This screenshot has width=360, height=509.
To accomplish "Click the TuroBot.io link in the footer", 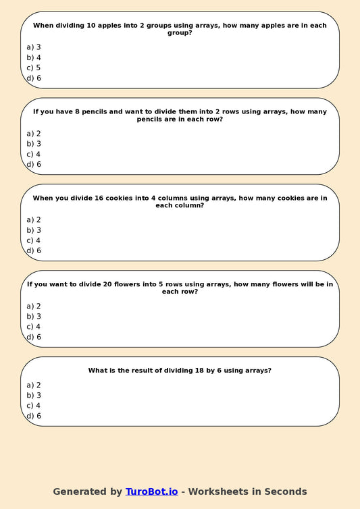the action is [x=151, y=491].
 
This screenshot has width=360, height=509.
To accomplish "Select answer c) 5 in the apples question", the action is [x=34, y=68].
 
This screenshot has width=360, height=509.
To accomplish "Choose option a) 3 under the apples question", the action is [x=34, y=47].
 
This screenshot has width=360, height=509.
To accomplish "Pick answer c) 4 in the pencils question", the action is [x=34, y=154].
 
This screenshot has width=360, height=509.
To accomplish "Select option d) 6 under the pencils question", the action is [x=34, y=164].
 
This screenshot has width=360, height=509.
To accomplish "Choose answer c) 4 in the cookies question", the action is [x=34, y=240].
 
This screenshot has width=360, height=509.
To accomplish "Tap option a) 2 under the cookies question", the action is [x=34, y=219].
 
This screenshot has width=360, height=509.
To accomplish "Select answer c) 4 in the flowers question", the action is [x=34, y=327].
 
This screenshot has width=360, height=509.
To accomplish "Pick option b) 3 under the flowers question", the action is [x=34, y=316].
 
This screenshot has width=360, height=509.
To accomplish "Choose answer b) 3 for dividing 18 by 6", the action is [x=34, y=395].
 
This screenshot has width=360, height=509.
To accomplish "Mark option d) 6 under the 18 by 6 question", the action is [x=34, y=416].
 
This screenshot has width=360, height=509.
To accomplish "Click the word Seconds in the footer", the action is [x=287, y=491].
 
